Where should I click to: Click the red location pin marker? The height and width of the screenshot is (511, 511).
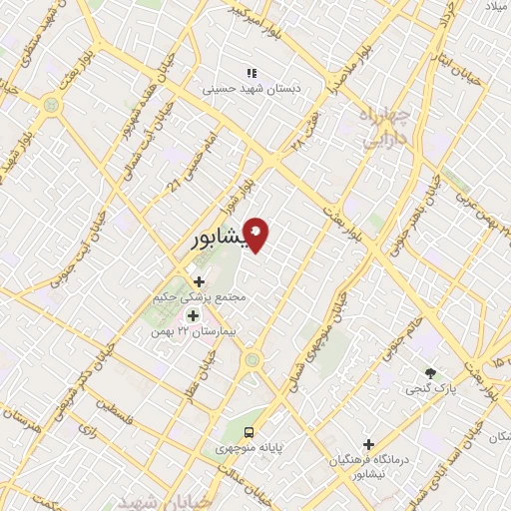[x=256, y=234]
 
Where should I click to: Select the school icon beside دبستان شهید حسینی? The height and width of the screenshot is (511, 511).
[x=252, y=73]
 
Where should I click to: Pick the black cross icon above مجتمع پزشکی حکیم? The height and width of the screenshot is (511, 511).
[x=200, y=282]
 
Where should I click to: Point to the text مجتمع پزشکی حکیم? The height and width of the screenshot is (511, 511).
[x=206, y=297]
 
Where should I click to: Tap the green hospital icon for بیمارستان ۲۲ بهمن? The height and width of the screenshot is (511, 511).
[x=193, y=315]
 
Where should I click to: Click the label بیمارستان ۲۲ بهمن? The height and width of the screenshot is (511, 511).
[x=185, y=330]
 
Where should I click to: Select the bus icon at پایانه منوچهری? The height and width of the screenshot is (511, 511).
[x=249, y=432]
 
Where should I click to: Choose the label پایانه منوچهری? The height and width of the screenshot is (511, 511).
[x=255, y=448]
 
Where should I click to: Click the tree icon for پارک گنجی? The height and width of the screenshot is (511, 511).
[x=430, y=372]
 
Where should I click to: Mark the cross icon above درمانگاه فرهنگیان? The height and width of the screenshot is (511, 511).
[x=368, y=444]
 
